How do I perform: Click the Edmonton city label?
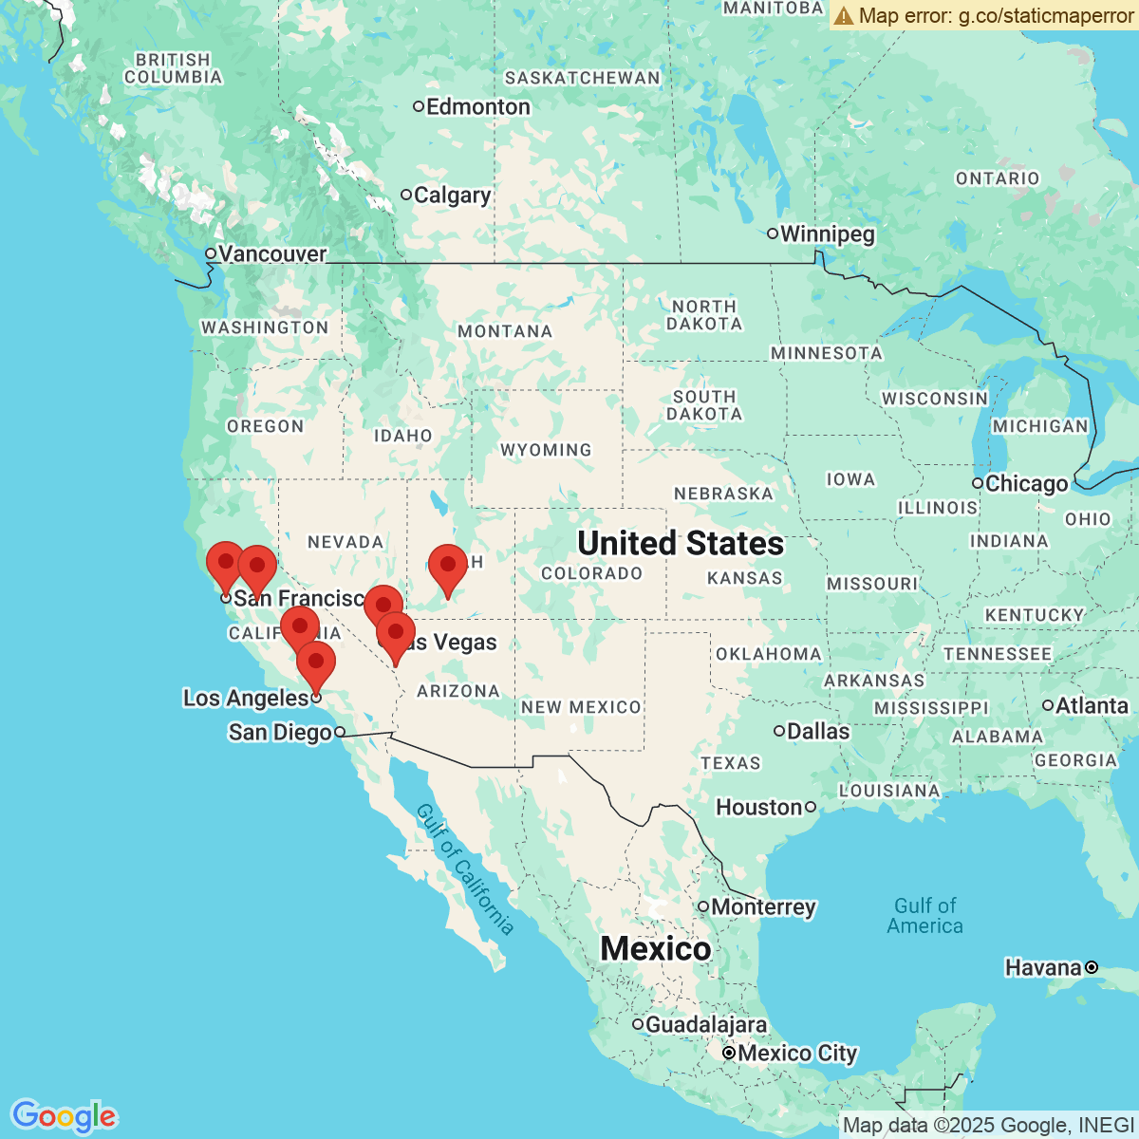[x=477, y=107]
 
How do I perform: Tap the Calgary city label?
[x=452, y=196]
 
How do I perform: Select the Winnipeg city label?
[x=827, y=234]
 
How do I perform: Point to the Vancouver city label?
[x=271, y=254]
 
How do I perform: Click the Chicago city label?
[x=1026, y=484]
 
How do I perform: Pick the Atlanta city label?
[x=1092, y=706]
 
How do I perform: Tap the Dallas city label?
[x=817, y=732]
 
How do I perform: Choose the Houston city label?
[x=759, y=808]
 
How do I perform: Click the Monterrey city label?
[x=763, y=907]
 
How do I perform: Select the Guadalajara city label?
[x=705, y=1025]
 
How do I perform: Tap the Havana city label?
[x=1043, y=968]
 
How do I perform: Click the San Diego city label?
[x=280, y=733]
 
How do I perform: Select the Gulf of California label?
[x=465, y=868]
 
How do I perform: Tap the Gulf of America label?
[x=924, y=916]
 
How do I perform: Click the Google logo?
[x=64, y=1117]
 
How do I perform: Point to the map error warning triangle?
[x=844, y=15]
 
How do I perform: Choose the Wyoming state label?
[x=546, y=450]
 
